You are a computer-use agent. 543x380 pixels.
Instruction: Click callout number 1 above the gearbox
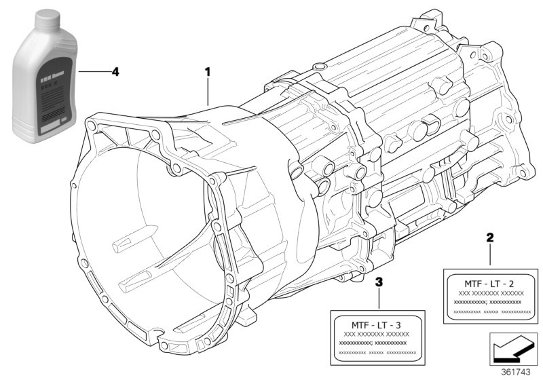(209, 71)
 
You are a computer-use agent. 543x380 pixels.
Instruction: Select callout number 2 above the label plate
(489, 238)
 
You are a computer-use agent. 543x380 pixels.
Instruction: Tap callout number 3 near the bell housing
(379, 282)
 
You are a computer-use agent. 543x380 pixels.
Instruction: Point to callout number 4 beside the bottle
(115, 71)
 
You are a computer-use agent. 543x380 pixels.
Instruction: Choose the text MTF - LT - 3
(377, 324)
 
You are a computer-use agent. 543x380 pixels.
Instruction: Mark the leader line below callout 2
(489, 256)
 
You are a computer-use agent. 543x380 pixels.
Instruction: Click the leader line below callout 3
(379, 299)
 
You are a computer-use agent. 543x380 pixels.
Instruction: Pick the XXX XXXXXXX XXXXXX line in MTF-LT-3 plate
(377, 335)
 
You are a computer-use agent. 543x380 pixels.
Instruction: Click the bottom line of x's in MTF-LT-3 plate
(377, 353)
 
